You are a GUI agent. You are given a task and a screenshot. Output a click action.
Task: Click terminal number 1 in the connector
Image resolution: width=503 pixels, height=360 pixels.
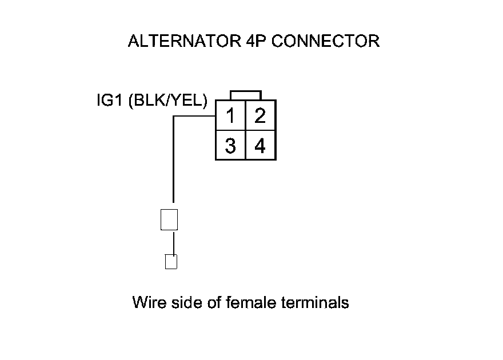click(x=230, y=116)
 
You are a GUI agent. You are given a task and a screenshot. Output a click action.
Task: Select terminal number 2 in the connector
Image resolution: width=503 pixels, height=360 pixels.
click(x=260, y=116)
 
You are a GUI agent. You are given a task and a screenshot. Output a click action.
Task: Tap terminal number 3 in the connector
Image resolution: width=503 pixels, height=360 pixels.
click(x=230, y=146)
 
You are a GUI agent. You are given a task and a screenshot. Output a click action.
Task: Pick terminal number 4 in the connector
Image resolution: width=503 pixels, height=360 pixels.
click(x=260, y=146)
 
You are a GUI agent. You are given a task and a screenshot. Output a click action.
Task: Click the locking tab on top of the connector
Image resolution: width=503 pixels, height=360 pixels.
click(x=246, y=95)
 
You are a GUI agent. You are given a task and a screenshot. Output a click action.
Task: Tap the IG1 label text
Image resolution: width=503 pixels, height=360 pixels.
click(x=110, y=101)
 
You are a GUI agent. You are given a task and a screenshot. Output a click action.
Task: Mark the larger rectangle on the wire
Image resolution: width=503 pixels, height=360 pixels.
click(x=170, y=219)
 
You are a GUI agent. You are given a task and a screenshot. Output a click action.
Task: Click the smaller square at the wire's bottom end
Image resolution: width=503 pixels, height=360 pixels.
click(x=170, y=261)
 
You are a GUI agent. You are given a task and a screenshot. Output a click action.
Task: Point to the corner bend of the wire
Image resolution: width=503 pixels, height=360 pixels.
click(x=174, y=117)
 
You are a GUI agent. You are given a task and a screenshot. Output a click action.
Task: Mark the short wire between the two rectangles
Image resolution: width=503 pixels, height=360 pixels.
click(x=173, y=242)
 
